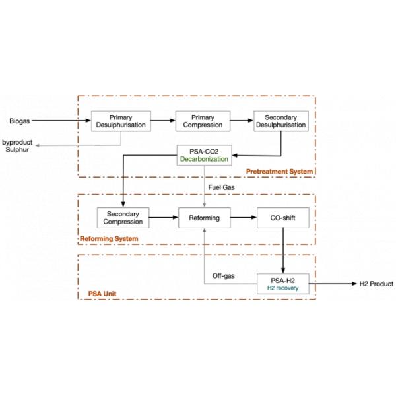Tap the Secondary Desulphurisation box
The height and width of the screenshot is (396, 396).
point(280,121)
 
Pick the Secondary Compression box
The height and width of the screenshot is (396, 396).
point(123,217)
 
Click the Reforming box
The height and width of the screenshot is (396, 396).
point(205,217)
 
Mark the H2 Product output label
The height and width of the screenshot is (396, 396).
point(376,284)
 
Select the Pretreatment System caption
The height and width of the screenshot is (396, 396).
point(279,172)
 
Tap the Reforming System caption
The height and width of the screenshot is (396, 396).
point(109,238)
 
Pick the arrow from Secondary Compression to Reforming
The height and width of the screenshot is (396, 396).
point(165,217)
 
